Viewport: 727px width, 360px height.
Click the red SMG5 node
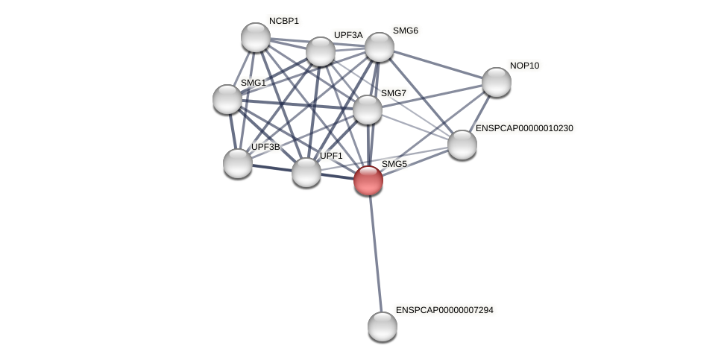click(368, 180)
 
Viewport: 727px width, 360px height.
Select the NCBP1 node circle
click(256, 37)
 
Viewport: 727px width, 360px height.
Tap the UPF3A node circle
click(321, 51)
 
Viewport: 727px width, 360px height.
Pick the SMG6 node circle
click(380, 47)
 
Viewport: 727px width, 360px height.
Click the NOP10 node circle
click(497, 82)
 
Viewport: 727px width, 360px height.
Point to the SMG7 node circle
click(368, 110)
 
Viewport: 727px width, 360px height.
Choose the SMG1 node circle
click(227, 99)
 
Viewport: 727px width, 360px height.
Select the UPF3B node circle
click(238, 163)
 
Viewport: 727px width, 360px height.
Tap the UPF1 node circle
click(306, 172)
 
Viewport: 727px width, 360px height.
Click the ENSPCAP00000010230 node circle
click(462, 145)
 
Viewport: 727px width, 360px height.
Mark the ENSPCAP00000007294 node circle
click(383, 326)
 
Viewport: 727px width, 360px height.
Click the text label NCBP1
click(283, 21)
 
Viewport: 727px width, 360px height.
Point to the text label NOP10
click(524, 66)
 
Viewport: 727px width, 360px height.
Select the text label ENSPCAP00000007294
click(444, 310)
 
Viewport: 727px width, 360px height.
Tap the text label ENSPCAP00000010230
click(524, 128)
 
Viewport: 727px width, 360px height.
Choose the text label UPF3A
click(348, 35)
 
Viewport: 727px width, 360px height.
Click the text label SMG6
click(406, 31)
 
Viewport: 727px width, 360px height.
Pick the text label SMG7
click(394, 93)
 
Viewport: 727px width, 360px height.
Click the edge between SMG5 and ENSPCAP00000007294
click(375, 253)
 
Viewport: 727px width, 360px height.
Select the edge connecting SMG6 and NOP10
click(438, 65)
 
